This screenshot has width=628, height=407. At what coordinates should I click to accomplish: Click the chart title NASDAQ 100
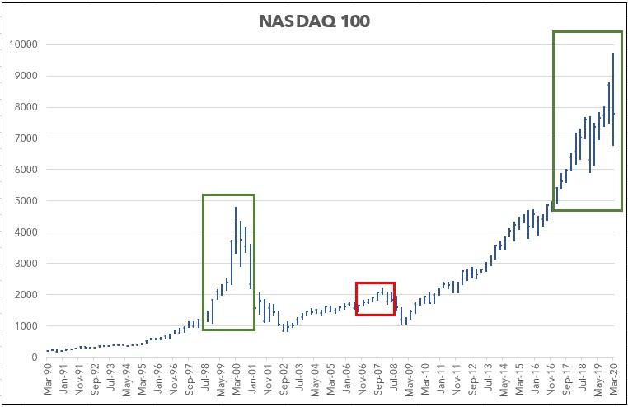point(315,21)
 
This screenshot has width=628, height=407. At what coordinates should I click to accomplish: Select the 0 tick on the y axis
point(32,358)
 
